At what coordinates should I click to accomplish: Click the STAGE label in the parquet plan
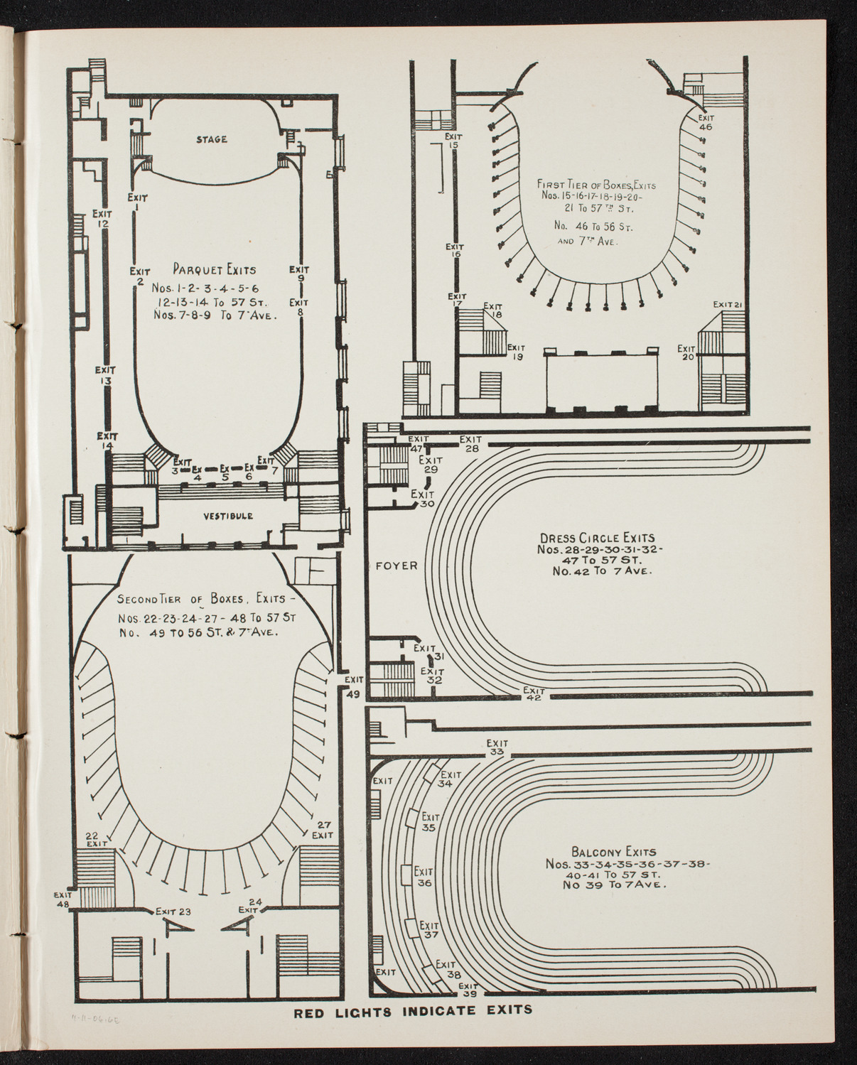(x=211, y=139)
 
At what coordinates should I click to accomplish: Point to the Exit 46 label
(x=705, y=122)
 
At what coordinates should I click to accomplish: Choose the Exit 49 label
(x=353, y=687)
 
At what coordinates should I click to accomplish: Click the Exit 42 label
(x=534, y=693)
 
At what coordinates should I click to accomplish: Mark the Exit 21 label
(x=728, y=304)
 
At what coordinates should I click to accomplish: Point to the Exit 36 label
(x=424, y=877)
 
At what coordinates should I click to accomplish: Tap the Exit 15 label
(x=454, y=140)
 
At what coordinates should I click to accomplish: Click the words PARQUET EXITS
(x=214, y=269)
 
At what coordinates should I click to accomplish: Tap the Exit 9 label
(x=300, y=274)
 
